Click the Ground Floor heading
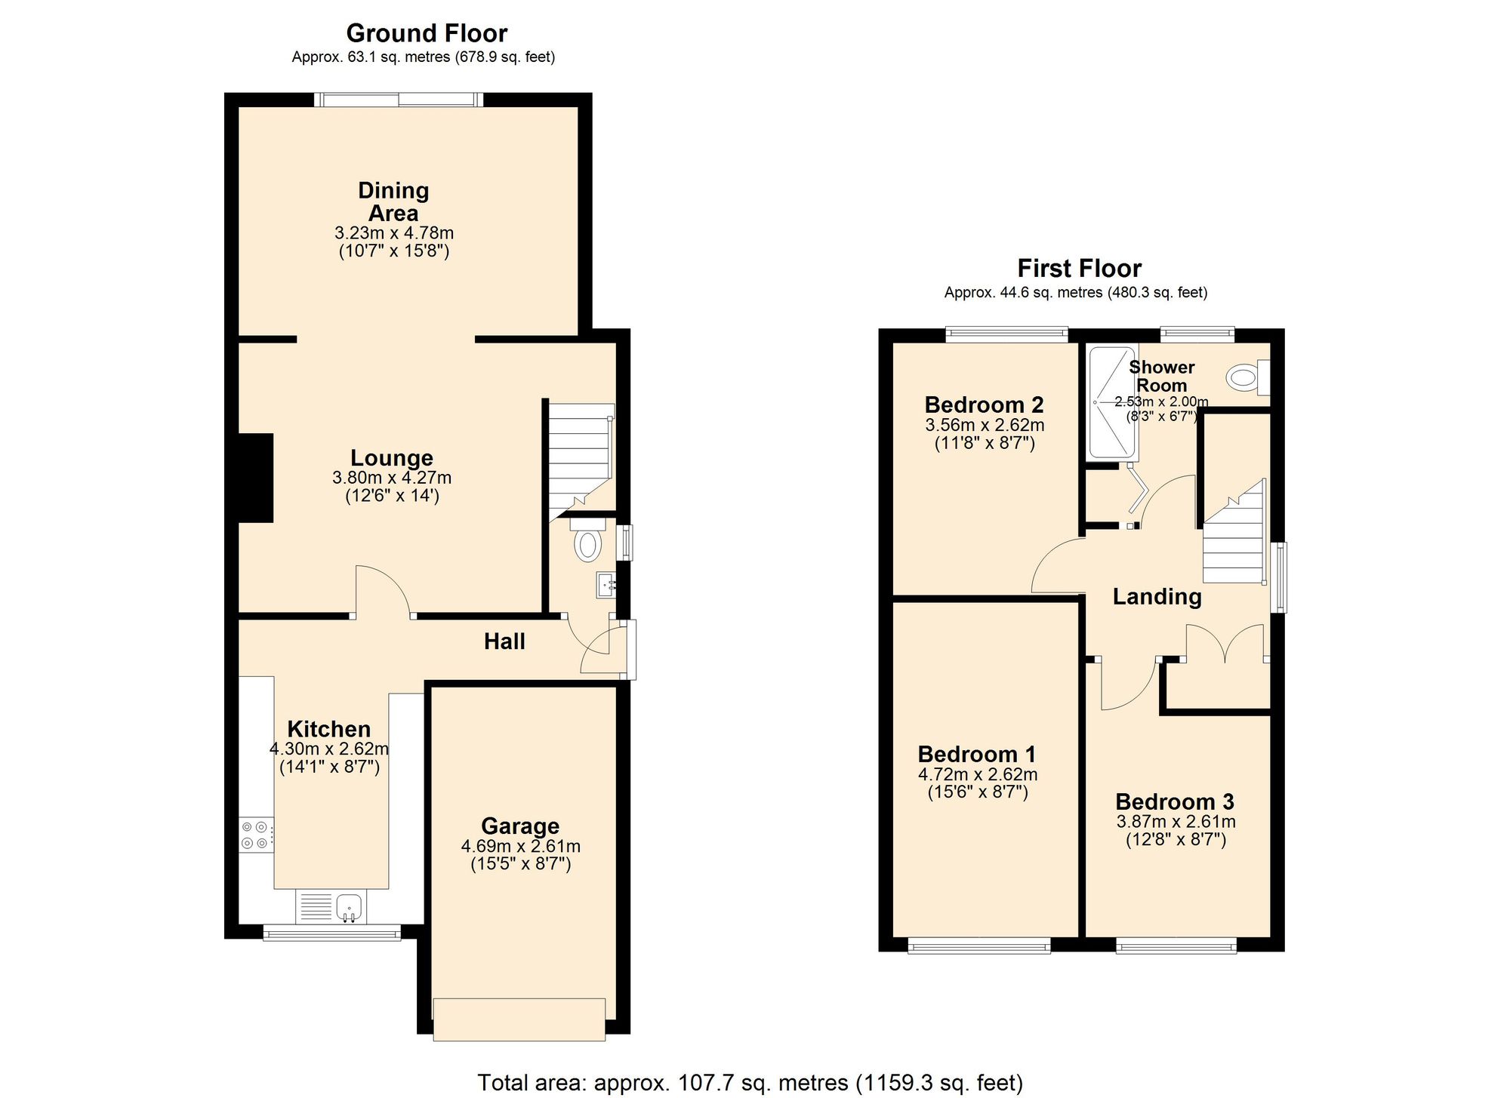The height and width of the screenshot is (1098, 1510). (427, 33)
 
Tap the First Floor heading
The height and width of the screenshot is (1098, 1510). (1079, 269)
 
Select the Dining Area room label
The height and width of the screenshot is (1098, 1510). (393, 201)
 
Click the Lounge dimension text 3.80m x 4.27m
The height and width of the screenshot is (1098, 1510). (392, 478)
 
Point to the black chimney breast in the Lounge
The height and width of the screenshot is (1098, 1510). (256, 478)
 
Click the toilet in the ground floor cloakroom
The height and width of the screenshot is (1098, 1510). (587, 543)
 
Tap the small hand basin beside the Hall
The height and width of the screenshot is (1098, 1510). (606, 585)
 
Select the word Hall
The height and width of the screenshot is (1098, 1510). (504, 641)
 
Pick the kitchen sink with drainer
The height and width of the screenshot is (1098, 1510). (331, 907)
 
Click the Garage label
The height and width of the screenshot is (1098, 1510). (520, 826)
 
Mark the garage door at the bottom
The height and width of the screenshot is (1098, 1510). (519, 1020)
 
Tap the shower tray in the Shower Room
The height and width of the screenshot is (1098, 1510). (1111, 403)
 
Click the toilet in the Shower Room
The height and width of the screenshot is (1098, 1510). (1246, 377)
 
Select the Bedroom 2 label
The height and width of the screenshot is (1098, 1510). (984, 405)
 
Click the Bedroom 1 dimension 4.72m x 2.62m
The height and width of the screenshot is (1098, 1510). (978, 775)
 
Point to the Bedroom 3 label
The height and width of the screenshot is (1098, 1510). (1175, 801)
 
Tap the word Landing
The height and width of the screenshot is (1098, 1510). (1157, 597)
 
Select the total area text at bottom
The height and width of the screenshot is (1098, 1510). (750, 1083)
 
